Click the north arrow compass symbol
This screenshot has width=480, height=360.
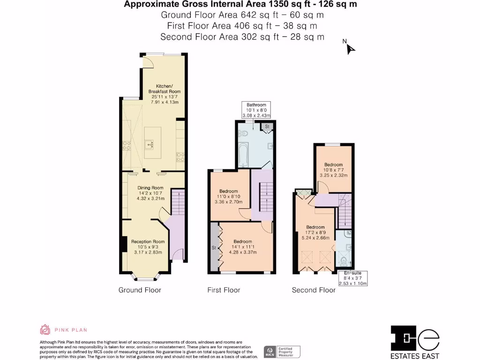(x=349, y=47)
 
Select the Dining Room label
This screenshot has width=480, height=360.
(x=150, y=192)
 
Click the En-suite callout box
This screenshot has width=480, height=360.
(x=353, y=278)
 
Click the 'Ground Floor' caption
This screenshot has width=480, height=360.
(x=140, y=290)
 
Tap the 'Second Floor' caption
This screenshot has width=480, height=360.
(x=314, y=290)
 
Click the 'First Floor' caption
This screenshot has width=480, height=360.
(x=224, y=290)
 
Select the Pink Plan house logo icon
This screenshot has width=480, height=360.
(x=45, y=330)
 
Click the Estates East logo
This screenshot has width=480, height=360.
(x=415, y=341)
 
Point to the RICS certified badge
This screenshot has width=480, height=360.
(x=282, y=351)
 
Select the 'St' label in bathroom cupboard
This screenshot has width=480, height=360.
(x=267, y=127)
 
